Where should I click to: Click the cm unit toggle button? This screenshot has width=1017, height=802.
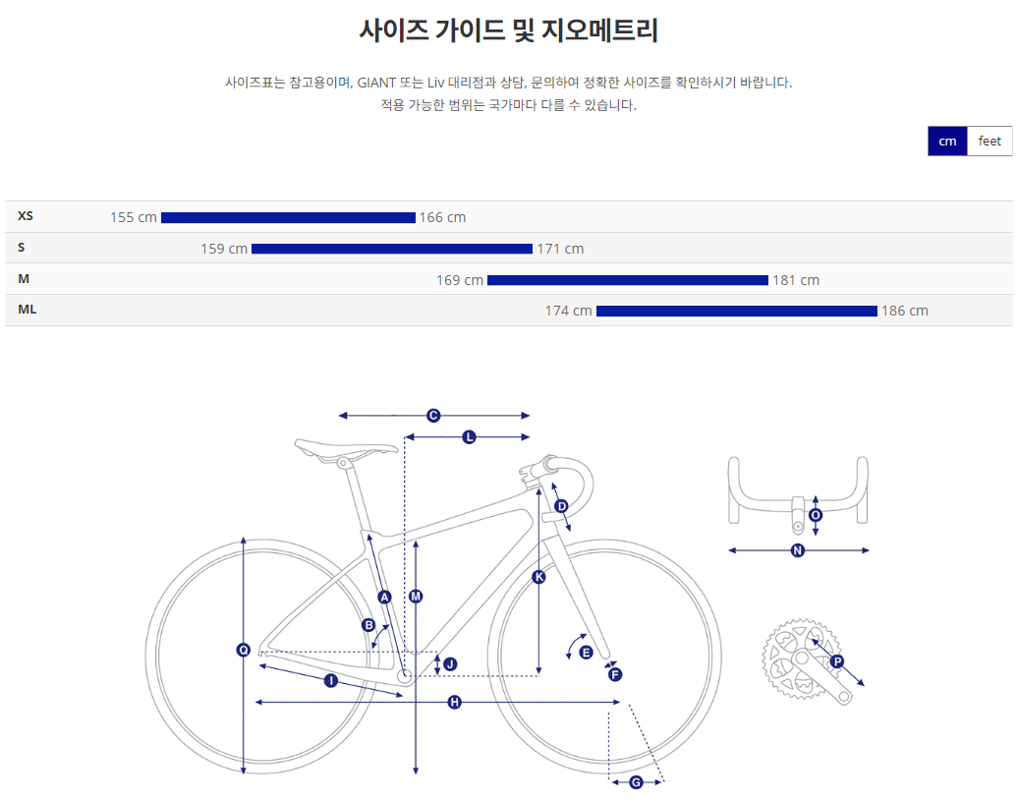947,142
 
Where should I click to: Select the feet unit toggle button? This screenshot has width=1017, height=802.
989,142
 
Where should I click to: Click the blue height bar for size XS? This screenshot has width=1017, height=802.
288,217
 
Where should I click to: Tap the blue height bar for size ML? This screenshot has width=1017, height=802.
736,312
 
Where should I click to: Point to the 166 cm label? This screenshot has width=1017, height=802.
442,217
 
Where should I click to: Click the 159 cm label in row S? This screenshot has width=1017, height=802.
224,249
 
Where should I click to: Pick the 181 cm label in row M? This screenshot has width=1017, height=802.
796,280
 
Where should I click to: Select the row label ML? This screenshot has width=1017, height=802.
27,311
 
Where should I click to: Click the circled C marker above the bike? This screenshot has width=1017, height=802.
433,416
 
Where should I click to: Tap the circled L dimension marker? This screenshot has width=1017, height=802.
469,436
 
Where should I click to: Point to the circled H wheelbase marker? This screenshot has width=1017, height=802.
454,702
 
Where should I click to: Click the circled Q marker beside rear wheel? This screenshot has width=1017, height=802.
244,650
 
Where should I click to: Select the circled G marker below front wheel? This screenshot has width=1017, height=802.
636,782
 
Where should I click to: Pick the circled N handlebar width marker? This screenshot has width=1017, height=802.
798,550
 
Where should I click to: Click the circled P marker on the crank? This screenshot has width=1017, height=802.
837,662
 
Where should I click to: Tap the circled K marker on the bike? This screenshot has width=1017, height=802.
538,577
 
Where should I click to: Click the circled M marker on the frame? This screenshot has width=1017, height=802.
416,597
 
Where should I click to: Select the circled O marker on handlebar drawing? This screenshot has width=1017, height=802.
816,515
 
